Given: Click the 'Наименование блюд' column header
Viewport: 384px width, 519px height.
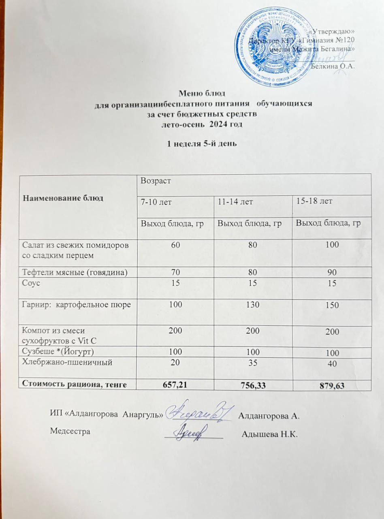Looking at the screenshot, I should [x=63, y=198].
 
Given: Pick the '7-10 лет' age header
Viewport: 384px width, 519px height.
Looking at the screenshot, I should [x=153, y=201].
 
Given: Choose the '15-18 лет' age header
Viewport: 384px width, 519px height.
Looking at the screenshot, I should [x=312, y=201].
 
